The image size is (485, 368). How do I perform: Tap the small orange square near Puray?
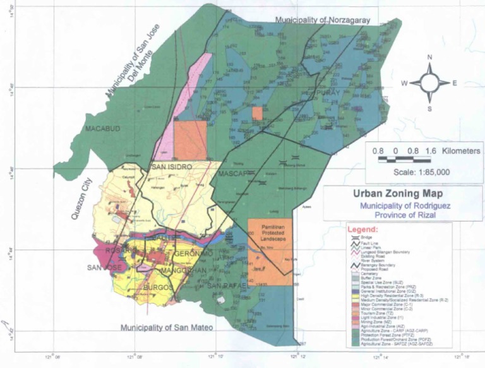(257, 113)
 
